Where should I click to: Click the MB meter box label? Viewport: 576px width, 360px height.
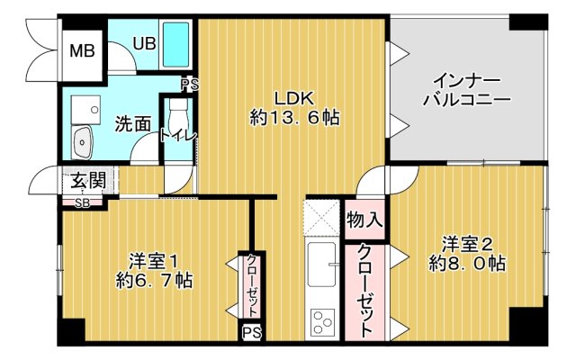click(x=83, y=49)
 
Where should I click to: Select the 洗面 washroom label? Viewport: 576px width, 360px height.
click(x=132, y=124)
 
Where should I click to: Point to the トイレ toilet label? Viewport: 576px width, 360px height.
click(x=178, y=136)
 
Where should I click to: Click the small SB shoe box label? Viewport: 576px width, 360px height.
click(x=82, y=202)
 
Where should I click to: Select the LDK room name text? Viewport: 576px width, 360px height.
click(x=294, y=96)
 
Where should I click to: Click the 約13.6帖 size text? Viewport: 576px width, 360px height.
click(x=294, y=117)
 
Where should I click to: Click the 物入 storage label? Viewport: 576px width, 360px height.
click(x=364, y=219)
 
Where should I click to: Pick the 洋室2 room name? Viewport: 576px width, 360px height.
click(x=466, y=243)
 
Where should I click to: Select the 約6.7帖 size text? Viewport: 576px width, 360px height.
click(x=153, y=281)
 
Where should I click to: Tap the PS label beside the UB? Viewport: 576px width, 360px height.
click(x=189, y=85)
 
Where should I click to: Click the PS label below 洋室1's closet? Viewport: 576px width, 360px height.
click(x=251, y=333)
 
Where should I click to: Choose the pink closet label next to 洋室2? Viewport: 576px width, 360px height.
click(x=365, y=290)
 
